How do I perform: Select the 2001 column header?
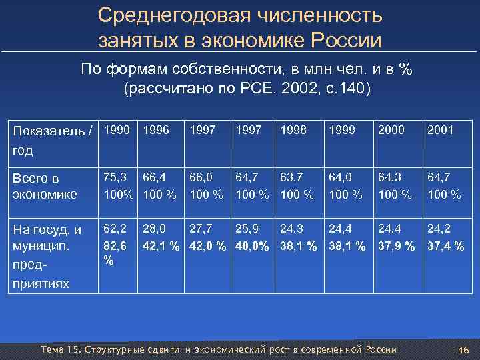[x=440, y=130]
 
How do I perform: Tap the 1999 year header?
[x=341, y=130]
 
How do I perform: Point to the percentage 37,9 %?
[x=395, y=246]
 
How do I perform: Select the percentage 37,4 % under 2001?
[x=445, y=246]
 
